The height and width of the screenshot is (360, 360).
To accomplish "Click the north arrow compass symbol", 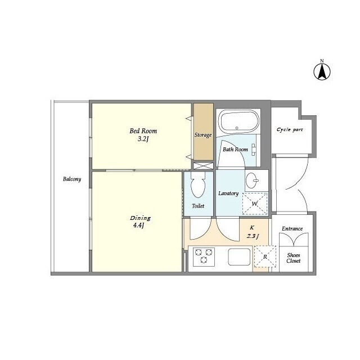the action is [322, 71].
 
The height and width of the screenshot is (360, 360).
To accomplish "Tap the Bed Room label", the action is [143, 131].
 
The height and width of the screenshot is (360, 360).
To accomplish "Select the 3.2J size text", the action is [143, 139].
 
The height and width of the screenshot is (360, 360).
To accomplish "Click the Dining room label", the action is [140, 218].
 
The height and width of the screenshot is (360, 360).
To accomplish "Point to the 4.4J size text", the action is [138, 226].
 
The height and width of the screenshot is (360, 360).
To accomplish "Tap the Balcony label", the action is [72, 179].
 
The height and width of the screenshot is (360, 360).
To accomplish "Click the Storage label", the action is [203, 135].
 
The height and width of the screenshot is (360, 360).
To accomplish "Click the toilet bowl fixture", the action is [198, 184].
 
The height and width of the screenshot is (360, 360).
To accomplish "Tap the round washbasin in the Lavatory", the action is [252, 181].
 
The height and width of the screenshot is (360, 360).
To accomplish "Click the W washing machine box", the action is [255, 204].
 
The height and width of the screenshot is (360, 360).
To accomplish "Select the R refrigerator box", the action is [265, 256].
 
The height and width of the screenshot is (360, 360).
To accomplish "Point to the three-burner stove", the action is [204, 256].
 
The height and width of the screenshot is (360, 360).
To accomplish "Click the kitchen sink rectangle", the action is [239, 256].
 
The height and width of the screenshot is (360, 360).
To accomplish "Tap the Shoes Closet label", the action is [294, 258].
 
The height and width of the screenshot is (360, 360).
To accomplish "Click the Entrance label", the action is [292, 229].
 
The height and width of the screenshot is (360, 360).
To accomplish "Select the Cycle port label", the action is [290, 130].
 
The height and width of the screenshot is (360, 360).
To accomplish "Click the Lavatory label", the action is [228, 193].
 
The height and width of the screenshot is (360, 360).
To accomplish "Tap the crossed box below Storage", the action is [203, 166].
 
